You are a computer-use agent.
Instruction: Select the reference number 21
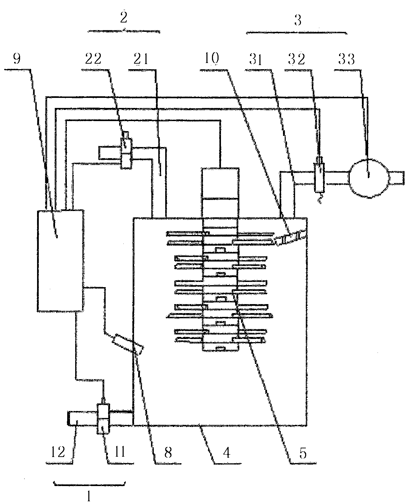click(x=141, y=59)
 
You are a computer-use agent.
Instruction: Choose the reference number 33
click(x=347, y=60)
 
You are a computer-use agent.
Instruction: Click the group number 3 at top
click(x=298, y=21)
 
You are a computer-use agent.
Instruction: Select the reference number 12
click(x=59, y=452)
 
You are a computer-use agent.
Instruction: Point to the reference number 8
click(x=168, y=452)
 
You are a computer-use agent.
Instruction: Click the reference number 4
click(x=227, y=452)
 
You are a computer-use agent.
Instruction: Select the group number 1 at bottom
click(x=89, y=496)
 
